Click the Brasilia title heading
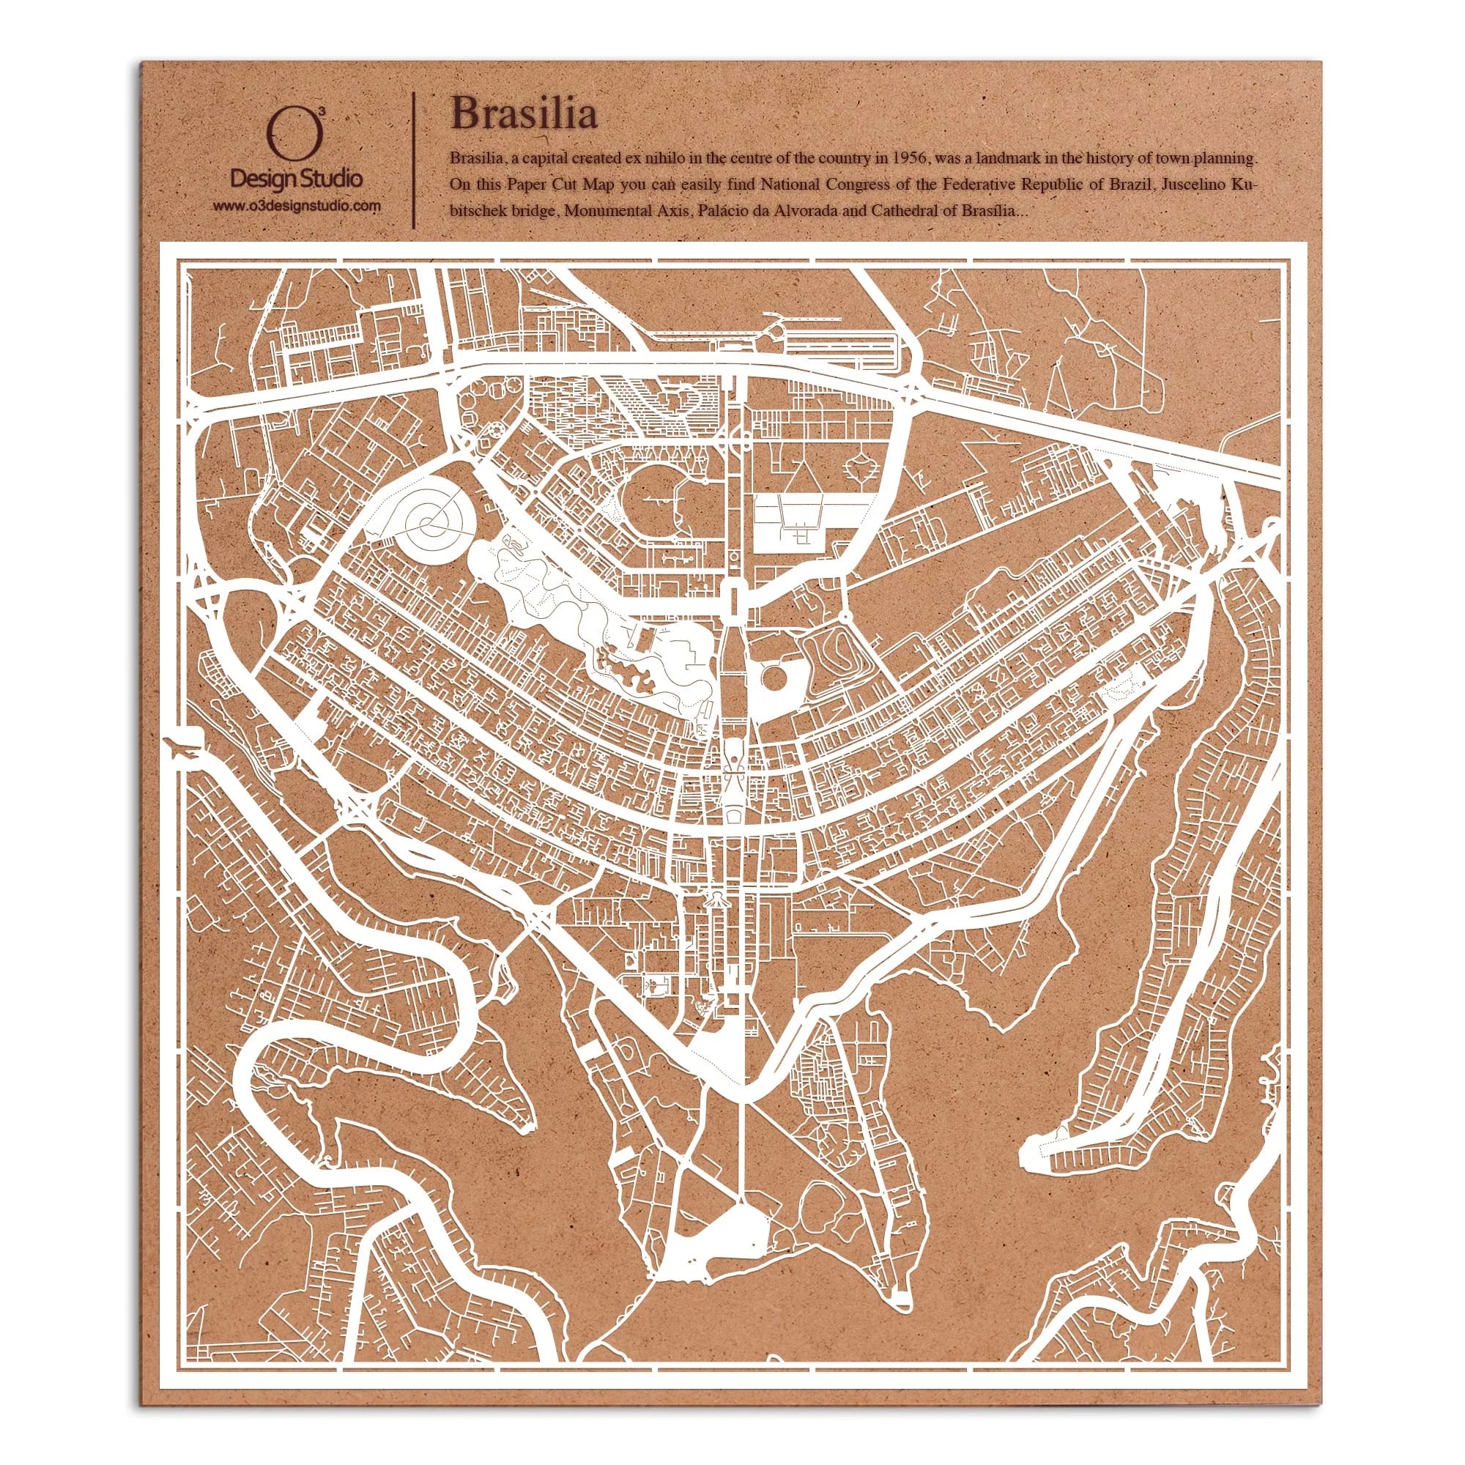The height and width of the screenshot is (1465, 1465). pos(523,114)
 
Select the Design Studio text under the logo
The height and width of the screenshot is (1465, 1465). pos(296,179)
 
